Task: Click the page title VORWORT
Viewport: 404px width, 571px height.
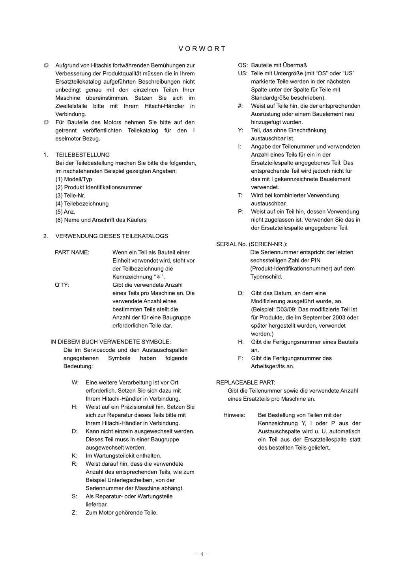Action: [x=202, y=49]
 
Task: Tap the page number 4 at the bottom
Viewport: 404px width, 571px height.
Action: [x=202, y=554]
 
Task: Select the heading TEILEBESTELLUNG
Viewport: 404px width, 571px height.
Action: [x=82, y=155]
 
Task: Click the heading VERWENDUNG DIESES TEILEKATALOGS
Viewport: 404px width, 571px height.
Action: [x=112, y=236]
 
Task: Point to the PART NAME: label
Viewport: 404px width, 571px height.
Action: [x=72, y=252]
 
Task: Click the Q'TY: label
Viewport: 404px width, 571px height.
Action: [x=62, y=285]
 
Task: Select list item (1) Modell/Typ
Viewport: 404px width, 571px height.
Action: [x=74, y=179]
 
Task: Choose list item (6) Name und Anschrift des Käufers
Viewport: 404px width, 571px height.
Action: [x=101, y=220]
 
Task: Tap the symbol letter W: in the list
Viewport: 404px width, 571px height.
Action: [x=75, y=383]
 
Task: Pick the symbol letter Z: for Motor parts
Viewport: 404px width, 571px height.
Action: [x=75, y=513]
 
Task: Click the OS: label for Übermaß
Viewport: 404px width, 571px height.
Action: [x=243, y=65]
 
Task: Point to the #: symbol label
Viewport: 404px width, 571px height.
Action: [x=240, y=106]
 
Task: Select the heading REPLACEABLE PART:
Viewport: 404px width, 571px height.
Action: [x=245, y=383]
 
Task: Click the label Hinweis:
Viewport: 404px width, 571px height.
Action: [x=234, y=415]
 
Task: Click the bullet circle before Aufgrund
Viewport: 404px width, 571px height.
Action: [x=46, y=65]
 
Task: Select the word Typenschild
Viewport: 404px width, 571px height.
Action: [x=266, y=277]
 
